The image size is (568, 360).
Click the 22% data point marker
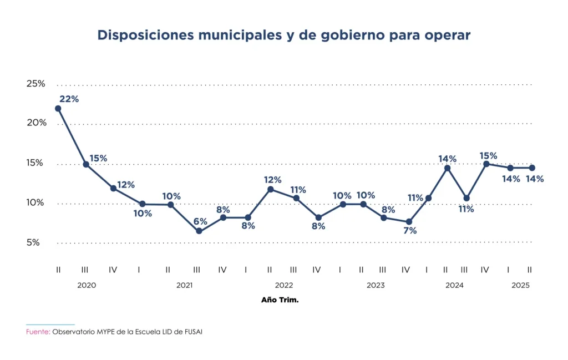58,109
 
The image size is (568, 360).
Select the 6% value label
200,221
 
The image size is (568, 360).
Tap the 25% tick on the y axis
36,84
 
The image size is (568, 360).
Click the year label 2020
87,285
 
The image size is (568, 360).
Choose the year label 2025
520,285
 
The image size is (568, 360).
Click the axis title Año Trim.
280,300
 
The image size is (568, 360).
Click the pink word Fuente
37,332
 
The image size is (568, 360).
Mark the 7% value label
410,230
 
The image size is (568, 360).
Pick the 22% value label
69,99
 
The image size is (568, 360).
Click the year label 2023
376,285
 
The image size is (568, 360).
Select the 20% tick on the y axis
36,123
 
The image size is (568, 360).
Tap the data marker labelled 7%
409,222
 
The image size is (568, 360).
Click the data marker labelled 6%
199,231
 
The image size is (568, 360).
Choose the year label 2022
284,285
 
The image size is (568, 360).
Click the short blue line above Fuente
50,324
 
